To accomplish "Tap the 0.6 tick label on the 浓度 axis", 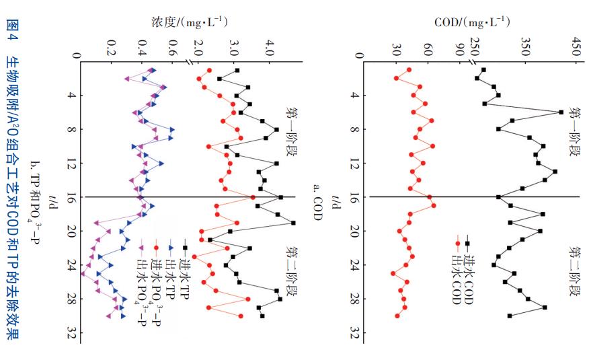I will point(172,48).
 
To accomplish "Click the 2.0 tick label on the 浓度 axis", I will point(198,48).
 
